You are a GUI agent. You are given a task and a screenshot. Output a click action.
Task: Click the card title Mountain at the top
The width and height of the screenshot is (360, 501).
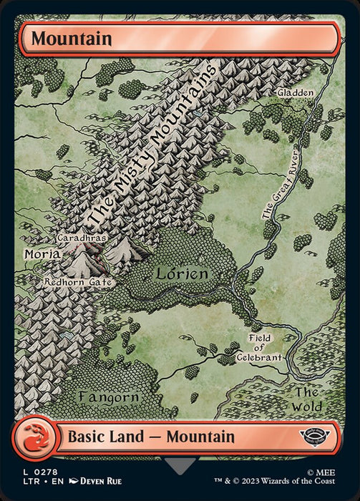72,39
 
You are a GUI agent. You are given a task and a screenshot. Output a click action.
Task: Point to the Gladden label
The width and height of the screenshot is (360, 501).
296,93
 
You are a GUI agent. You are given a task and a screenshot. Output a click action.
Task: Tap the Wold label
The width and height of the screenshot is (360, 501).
307,399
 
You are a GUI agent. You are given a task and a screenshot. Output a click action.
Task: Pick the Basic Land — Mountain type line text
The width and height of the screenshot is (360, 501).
150,436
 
